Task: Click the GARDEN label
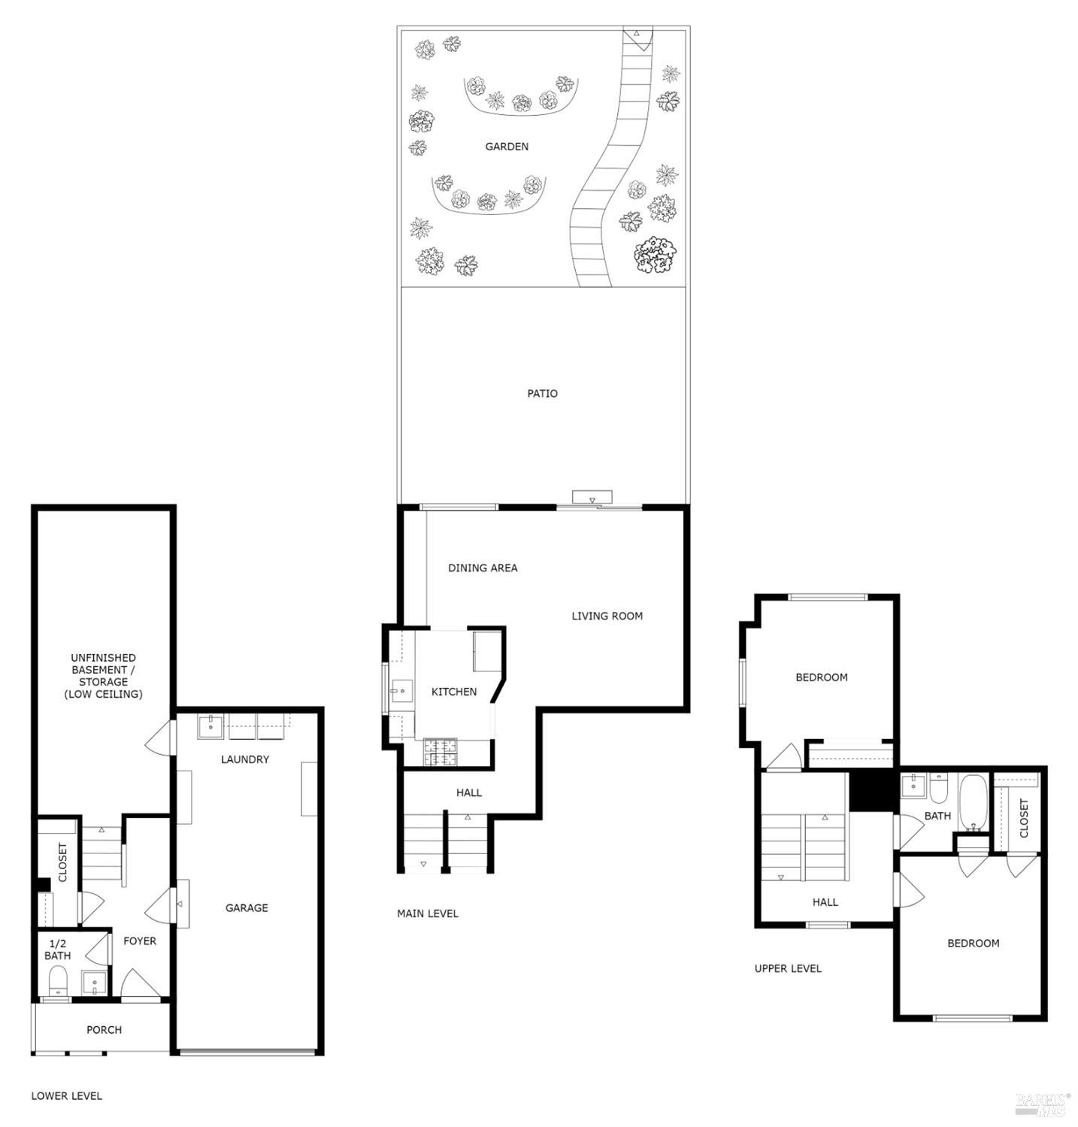pos(506,147)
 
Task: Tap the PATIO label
pos(542,393)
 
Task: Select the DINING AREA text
pos(483,568)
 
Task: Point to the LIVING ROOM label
pos(607,616)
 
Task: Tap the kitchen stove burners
pos(441,752)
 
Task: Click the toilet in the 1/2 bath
pos(58,980)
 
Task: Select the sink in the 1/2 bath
pos(93,983)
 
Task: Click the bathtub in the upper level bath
pos(974,803)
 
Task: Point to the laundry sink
pos(210,726)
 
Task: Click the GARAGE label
pos(247,907)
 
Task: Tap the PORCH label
pos(104,1029)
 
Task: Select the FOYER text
pos(140,941)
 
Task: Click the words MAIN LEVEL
pos(427,913)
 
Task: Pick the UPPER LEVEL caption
pos(788,968)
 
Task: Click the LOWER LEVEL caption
pos(66,1095)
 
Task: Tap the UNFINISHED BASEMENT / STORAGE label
pos(103,675)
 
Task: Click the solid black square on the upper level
pos(874,791)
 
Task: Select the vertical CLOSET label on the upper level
pos(1023,817)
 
